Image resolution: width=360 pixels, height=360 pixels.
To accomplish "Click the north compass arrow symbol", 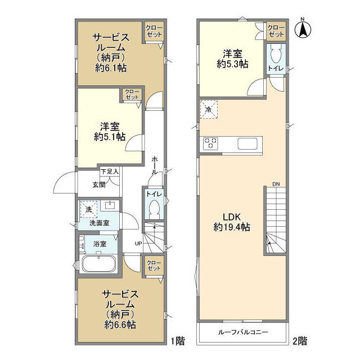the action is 303,28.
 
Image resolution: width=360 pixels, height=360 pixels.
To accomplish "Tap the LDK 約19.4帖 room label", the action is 232,222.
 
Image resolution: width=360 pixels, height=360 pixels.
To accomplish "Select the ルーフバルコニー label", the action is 243,332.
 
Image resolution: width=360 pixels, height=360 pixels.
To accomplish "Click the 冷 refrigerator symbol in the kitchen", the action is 209,110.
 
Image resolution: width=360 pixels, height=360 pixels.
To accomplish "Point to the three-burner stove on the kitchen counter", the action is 210,143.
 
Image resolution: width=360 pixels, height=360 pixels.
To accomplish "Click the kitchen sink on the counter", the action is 247,143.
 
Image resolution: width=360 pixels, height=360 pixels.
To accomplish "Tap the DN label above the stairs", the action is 276,184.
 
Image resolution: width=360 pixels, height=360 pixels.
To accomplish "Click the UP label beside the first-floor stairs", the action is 138,244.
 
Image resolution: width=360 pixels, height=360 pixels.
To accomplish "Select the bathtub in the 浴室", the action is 99,264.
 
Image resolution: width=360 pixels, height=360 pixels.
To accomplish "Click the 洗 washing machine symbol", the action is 89,209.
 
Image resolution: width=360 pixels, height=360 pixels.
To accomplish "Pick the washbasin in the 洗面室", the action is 110,205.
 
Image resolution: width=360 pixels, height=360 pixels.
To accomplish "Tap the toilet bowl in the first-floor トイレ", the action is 154,209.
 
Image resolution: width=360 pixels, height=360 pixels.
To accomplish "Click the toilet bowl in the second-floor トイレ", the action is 276,53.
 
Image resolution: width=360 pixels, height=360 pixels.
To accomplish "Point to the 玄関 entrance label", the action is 99,184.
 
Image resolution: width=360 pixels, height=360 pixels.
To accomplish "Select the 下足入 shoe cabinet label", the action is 110,171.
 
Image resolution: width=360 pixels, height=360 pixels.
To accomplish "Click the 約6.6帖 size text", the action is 120,325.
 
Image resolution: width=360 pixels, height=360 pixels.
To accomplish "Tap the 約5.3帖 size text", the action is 232,64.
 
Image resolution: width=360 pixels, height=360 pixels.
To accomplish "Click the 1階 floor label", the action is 178,341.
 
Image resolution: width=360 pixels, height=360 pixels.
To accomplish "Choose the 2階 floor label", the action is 300,341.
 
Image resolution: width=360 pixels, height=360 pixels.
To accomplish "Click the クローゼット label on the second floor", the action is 276,31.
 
